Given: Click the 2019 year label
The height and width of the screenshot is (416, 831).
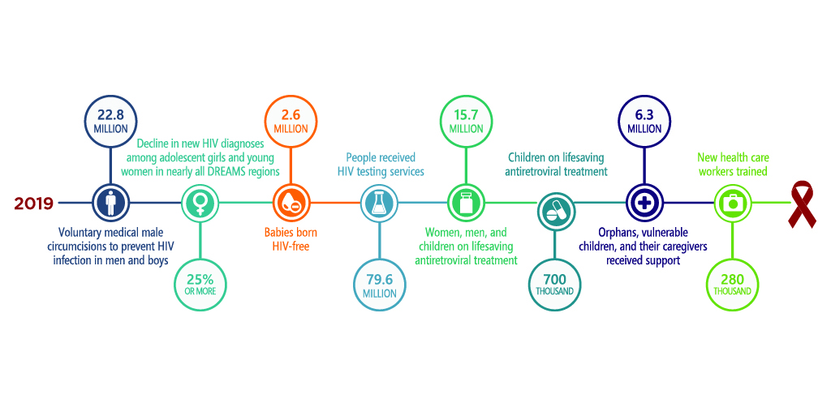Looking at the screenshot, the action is [x=34, y=203].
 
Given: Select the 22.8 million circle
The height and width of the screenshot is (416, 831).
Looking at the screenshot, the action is [x=109, y=121].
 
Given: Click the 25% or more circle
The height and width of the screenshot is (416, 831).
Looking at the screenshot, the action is [x=199, y=285].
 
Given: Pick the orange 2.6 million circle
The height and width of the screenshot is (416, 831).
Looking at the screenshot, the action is [x=290, y=121].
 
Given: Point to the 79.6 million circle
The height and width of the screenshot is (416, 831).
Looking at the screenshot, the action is [x=380, y=285].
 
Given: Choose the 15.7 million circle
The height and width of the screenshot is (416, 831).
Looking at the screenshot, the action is [x=466, y=121].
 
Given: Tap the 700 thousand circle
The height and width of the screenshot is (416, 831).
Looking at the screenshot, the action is [x=555, y=285].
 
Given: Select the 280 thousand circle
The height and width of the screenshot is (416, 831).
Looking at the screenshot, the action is [x=734, y=285].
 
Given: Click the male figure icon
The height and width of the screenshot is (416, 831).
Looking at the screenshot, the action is [x=109, y=203].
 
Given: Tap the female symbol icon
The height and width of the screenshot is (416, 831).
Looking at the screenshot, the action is [x=199, y=203].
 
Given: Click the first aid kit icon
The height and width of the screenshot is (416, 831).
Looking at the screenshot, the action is [x=734, y=203].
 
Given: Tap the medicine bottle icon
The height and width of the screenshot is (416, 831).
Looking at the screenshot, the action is [x=466, y=203].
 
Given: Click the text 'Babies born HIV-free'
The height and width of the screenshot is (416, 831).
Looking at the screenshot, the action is [x=291, y=239].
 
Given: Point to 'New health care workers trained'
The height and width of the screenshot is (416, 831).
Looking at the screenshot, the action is [x=733, y=165].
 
